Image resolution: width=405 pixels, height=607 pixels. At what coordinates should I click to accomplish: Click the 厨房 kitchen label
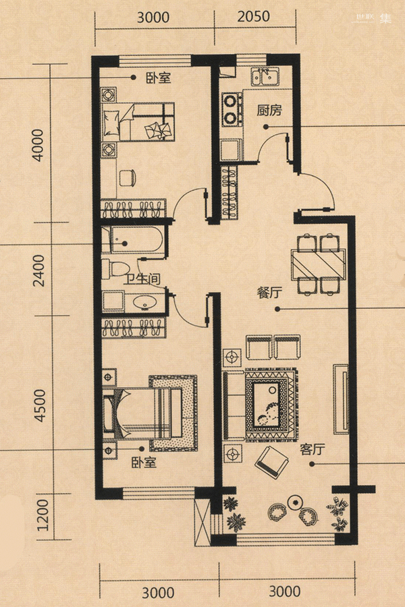coord(269,111)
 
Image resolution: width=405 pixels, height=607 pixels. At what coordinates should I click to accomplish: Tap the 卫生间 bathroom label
coord(142,279)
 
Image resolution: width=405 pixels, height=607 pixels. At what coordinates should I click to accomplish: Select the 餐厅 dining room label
coord(269,293)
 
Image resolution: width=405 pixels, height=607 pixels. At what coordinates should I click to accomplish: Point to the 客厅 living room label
coord(312,449)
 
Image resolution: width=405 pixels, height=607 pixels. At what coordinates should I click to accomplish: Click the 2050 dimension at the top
coord(254,16)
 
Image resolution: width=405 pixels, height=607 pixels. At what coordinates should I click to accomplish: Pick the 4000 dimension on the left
coord(38,145)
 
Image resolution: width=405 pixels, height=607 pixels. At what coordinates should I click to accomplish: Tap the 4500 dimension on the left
coord(39,405)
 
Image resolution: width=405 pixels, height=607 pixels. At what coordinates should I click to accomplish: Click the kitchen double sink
coord(265,77)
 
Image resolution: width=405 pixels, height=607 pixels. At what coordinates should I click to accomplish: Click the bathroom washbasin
coord(145,302)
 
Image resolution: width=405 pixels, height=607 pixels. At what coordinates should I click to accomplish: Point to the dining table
coord(318,264)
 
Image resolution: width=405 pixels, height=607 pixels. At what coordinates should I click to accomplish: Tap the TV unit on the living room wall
coord(341,399)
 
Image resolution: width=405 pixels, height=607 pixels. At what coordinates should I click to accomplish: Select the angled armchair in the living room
coord(271,462)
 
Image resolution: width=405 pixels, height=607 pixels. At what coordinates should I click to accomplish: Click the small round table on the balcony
coord(296,502)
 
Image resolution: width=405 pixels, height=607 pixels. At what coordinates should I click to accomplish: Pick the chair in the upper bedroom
coord(127,178)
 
